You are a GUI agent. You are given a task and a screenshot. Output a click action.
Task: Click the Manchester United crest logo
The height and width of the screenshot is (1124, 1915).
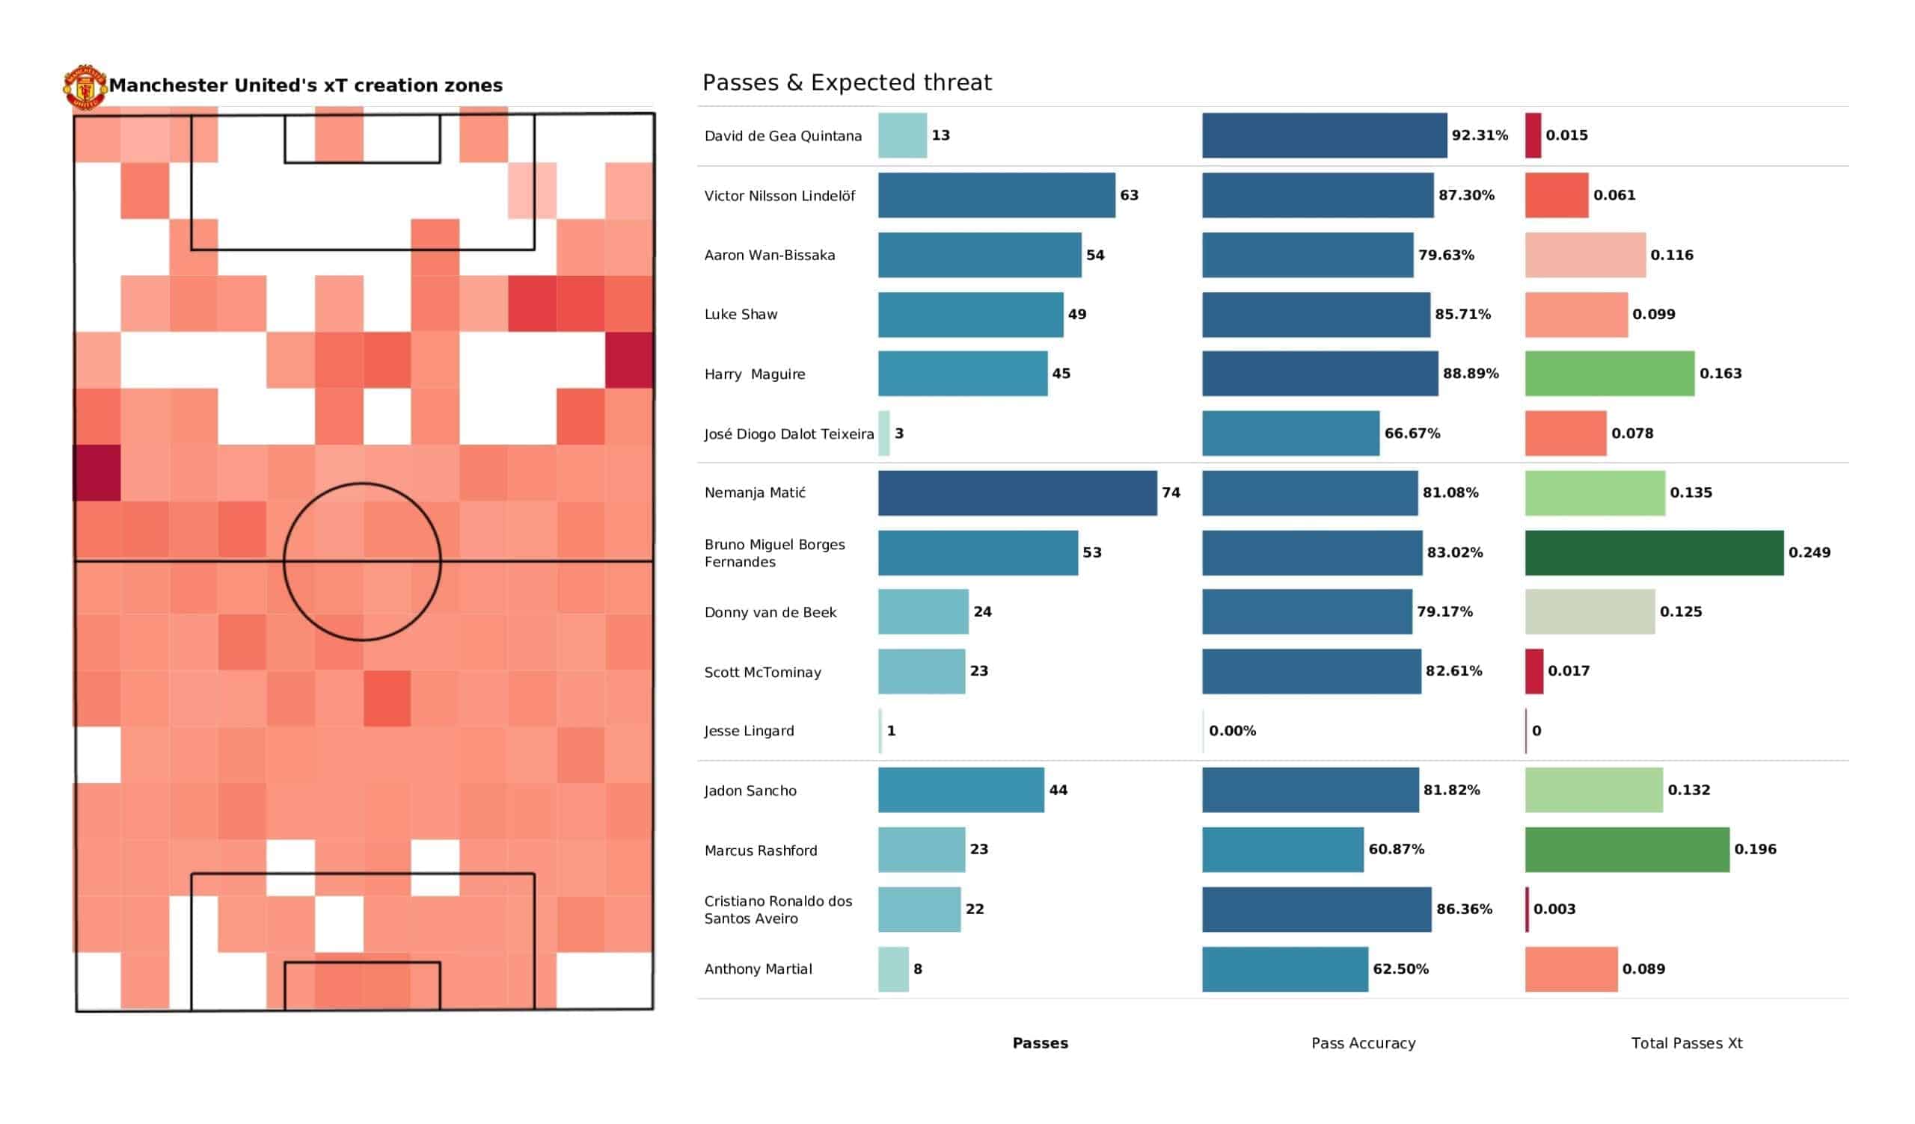click(85, 87)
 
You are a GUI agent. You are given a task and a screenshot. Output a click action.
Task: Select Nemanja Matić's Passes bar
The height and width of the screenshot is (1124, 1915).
click(1017, 493)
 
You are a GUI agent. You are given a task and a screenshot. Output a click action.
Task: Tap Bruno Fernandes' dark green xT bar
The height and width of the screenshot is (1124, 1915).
click(1654, 553)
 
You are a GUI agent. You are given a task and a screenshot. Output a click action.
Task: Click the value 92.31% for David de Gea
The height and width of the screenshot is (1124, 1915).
click(1480, 135)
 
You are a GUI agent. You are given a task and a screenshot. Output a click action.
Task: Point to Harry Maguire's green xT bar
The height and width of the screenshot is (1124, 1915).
click(1610, 374)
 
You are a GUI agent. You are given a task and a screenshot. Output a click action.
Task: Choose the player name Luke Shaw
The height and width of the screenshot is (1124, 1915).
click(741, 315)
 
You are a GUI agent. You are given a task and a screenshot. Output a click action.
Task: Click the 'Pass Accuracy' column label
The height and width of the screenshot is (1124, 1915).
click(1363, 1043)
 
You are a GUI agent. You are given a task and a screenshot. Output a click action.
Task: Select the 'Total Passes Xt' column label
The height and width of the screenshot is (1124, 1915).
click(1686, 1043)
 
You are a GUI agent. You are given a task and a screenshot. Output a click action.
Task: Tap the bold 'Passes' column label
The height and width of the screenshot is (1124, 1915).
click(1040, 1043)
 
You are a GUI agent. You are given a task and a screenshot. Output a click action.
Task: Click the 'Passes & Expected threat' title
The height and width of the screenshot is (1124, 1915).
click(847, 82)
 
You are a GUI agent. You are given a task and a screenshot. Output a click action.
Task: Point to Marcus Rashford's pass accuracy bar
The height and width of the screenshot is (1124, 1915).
click(1283, 850)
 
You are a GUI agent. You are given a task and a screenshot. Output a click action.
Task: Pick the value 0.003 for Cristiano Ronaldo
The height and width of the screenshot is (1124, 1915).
click(1554, 909)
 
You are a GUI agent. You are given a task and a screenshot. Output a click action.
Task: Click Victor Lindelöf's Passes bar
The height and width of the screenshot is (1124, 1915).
click(996, 195)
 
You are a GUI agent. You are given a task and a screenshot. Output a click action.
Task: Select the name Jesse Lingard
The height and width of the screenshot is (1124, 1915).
click(749, 732)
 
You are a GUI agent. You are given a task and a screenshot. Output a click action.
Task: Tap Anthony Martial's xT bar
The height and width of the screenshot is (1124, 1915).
click(1571, 969)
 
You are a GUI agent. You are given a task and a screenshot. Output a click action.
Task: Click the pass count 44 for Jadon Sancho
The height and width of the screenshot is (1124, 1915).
click(1058, 791)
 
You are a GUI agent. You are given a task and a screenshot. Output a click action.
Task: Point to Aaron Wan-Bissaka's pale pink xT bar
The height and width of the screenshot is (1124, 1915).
click(1585, 255)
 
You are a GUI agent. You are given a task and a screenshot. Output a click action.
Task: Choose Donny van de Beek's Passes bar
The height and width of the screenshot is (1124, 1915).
click(923, 612)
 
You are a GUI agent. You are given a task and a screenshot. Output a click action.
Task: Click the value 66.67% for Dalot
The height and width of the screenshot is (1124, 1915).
click(1412, 433)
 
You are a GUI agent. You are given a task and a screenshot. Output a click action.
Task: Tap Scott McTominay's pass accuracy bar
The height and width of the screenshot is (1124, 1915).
click(1311, 671)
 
